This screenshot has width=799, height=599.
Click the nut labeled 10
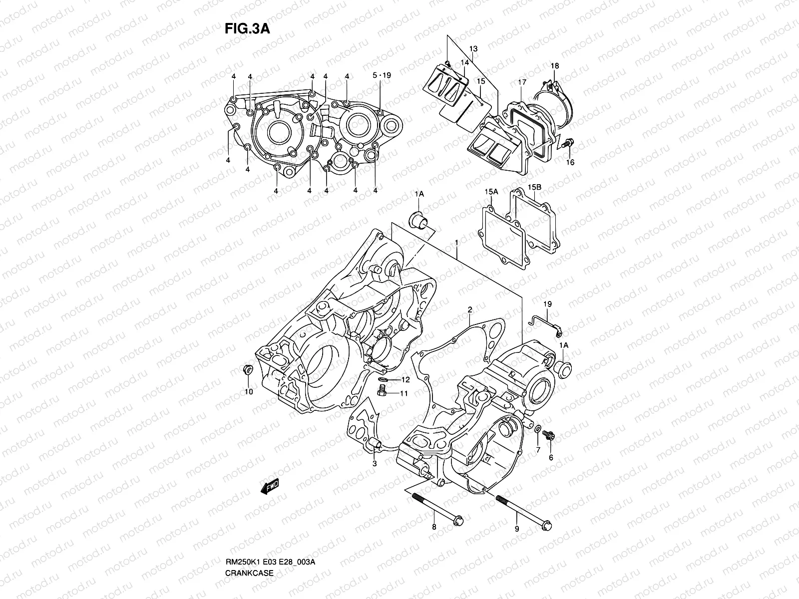pos(246,370)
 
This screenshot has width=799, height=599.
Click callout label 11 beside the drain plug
pos(403,394)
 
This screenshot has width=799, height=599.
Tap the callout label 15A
pos(491,192)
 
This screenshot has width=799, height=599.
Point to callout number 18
pos(555,66)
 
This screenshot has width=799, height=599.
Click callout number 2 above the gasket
pos(470,310)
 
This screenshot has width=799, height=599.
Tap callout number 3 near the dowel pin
pos(375,464)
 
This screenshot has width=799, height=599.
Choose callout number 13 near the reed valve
pos(473,48)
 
